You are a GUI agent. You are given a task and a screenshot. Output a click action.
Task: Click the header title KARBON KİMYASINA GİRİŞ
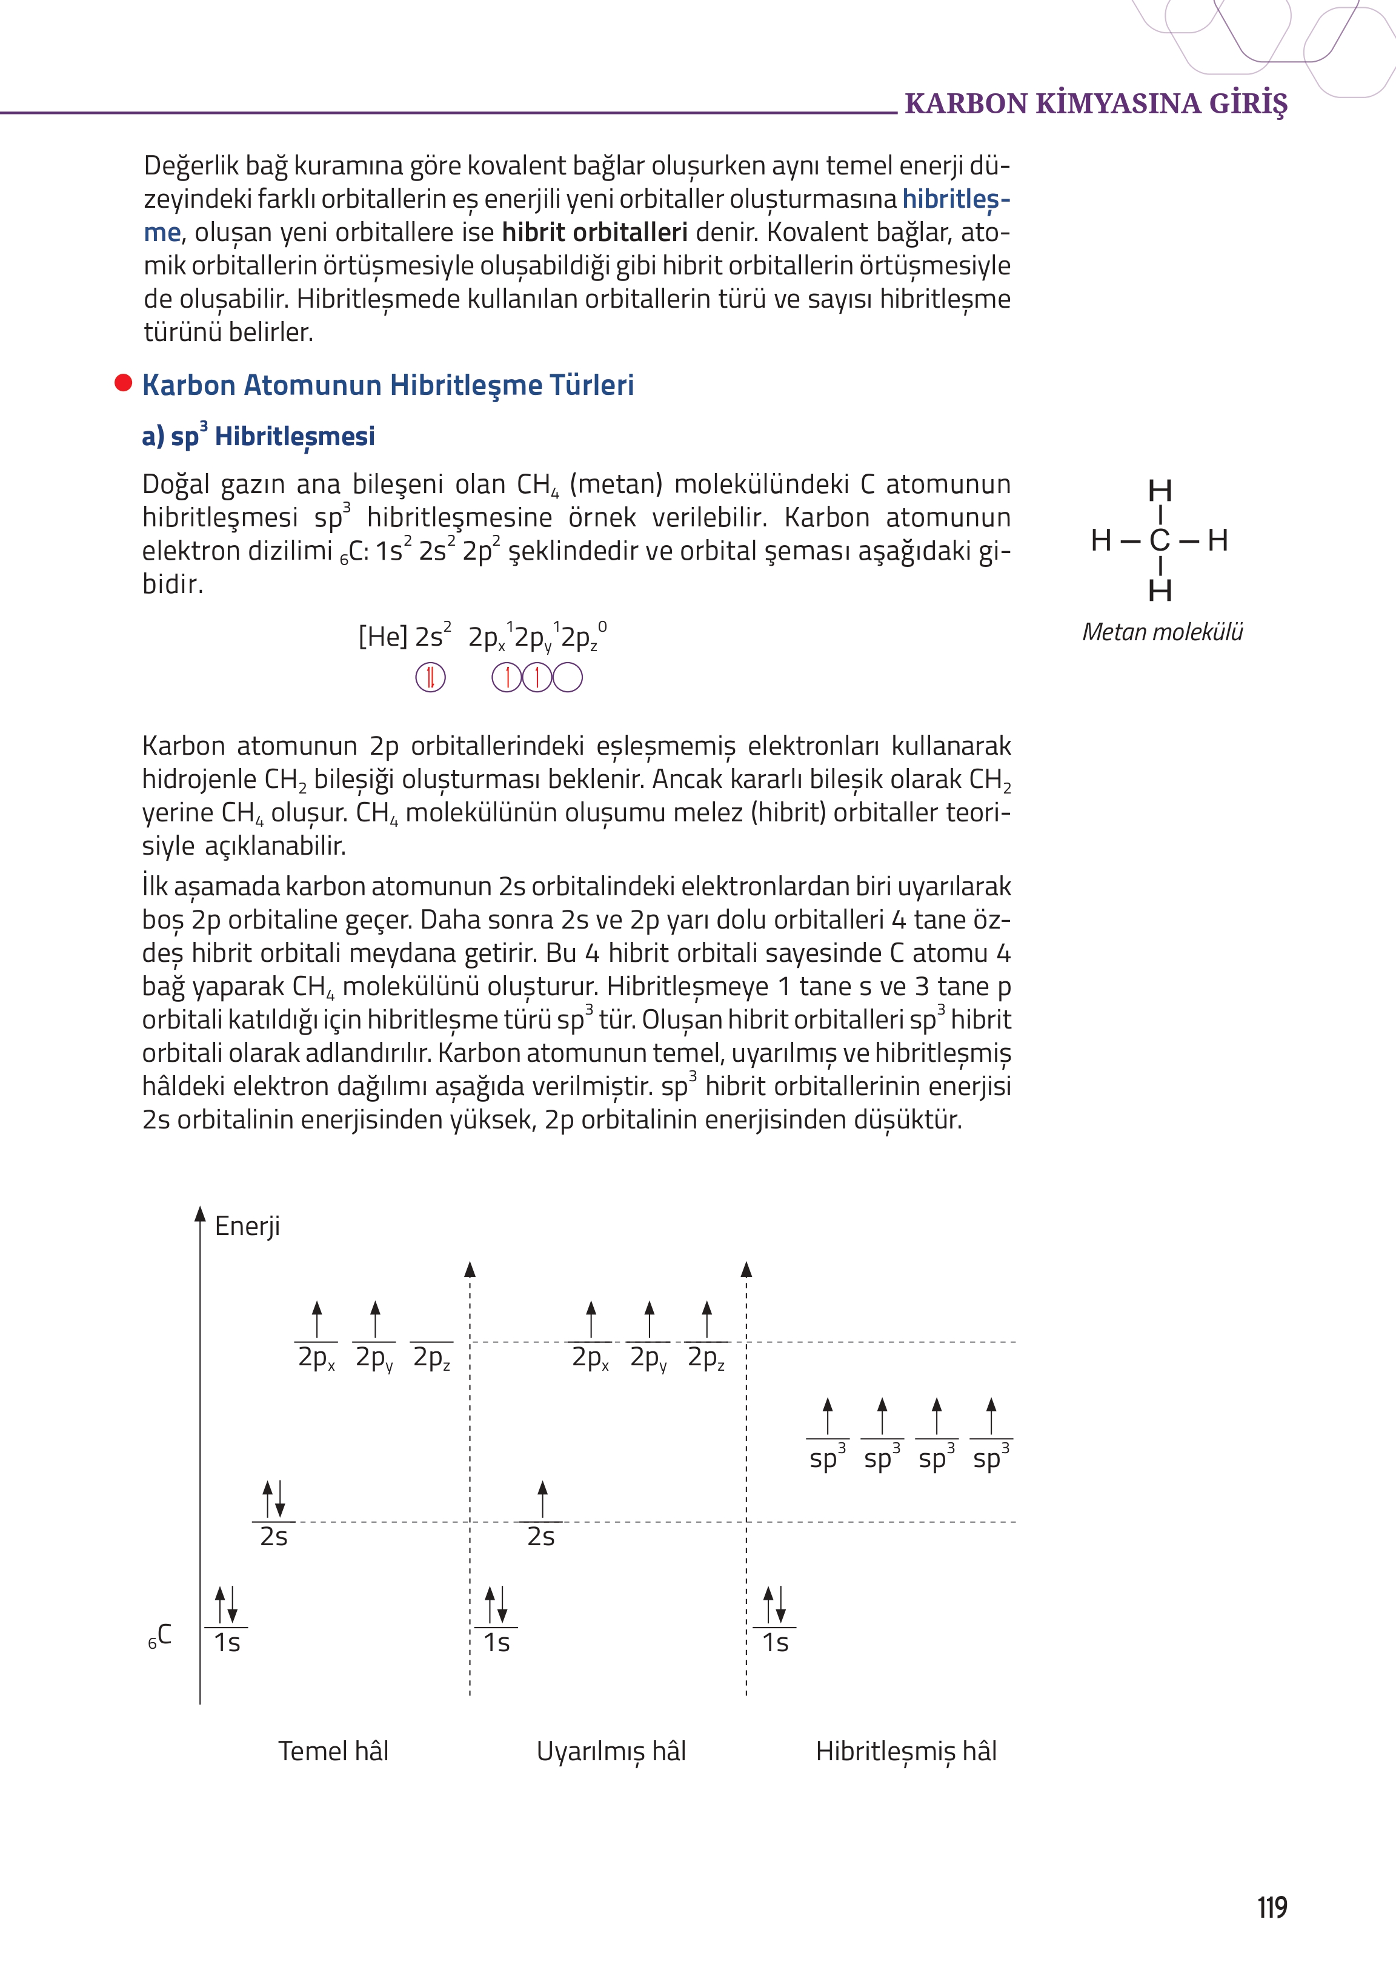click(1096, 103)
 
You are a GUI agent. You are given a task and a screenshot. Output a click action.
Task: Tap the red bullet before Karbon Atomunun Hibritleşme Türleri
click(123, 383)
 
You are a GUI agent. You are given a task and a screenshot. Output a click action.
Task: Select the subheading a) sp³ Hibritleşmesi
click(258, 436)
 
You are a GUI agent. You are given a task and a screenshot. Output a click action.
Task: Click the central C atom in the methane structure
click(1160, 540)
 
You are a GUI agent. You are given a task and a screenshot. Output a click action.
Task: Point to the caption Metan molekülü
click(1162, 632)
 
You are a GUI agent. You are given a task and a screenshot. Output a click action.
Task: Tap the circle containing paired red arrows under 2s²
click(431, 677)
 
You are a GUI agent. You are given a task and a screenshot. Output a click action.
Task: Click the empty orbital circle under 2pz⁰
click(567, 677)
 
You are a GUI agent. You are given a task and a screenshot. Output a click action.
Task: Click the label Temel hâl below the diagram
click(333, 1751)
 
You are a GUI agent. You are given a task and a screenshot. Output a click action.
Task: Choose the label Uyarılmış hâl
click(611, 1751)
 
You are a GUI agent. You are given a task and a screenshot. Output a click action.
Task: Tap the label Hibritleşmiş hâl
click(906, 1751)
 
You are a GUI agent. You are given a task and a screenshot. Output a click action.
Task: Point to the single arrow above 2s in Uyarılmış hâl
click(542, 1500)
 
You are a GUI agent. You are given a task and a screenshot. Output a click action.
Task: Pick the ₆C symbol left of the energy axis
click(160, 1635)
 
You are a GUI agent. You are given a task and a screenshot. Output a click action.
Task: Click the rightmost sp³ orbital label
click(990, 1459)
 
